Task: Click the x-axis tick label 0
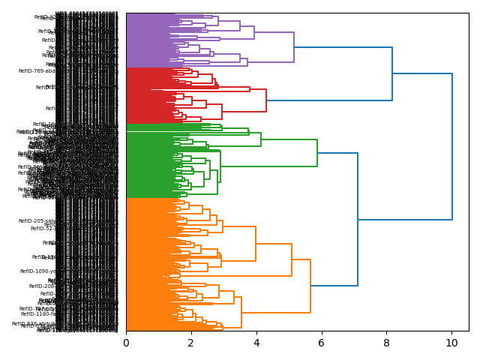pos(126,343)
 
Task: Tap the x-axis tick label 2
pos(191,343)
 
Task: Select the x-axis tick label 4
pos(256,343)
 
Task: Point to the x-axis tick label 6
pos(322,343)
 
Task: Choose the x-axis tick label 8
pos(387,343)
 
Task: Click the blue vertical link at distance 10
pos(452,146)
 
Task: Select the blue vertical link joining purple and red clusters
pos(392,73)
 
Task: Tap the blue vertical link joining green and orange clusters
pos(358,220)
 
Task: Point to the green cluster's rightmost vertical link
pos(317,153)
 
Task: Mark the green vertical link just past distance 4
pos(261,139)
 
